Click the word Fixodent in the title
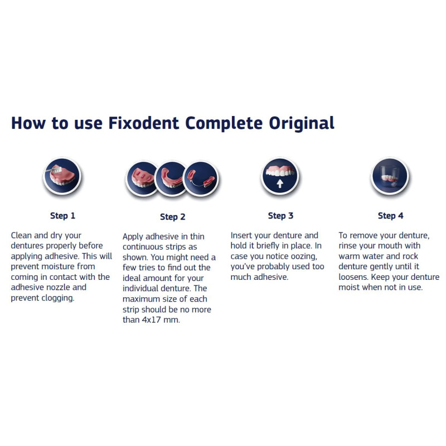[x=144, y=123]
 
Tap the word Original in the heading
[x=302, y=124]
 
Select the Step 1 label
[x=62, y=216]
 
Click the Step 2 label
[x=173, y=217]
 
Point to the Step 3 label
[x=280, y=216]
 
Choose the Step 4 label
[x=391, y=216]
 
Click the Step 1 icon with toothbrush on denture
[x=62, y=176]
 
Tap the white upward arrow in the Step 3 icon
[x=280, y=183]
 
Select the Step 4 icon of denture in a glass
[x=390, y=176]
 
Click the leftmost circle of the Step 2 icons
[x=142, y=179]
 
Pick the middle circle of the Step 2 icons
[x=171, y=179]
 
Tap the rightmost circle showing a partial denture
[x=201, y=179]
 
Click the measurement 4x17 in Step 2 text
[x=152, y=319]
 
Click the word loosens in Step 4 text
[x=353, y=277]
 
